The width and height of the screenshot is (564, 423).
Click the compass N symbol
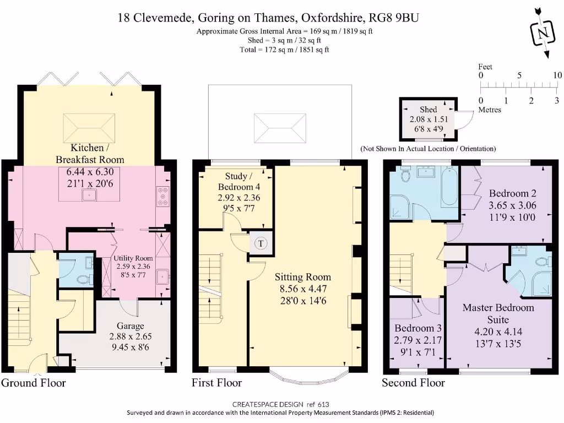click(543, 33)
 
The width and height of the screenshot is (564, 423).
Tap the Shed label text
click(428, 110)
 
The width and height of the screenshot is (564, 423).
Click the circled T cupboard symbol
click(261, 243)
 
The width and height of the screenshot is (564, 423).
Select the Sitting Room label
click(303, 277)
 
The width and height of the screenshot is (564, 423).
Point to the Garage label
click(130, 326)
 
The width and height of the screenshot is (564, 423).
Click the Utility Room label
click(133, 258)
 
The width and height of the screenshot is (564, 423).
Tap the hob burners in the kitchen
click(163, 197)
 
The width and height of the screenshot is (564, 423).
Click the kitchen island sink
click(89, 194)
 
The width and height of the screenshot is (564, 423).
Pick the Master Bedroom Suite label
click(498, 313)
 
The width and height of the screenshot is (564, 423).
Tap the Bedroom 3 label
click(417, 328)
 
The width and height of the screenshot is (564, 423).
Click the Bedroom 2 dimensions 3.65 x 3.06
click(512, 205)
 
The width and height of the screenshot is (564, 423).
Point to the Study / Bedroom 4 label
click(239, 181)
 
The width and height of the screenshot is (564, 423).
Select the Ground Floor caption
click(34, 382)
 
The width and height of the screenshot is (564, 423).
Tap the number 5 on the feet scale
click(519, 75)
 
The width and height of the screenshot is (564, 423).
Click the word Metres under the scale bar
click(490, 110)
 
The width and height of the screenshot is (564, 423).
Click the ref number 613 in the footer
click(323, 404)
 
